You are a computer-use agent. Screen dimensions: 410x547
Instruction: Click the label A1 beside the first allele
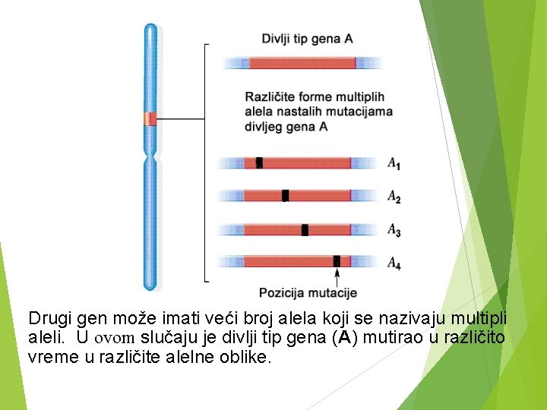click(x=394, y=163)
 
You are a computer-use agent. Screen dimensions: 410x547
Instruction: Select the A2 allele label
click(x=394, y=197)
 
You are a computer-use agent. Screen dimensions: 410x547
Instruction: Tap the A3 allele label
click(x=394, y=229)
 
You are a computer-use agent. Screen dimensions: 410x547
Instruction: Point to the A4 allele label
click(x=394, y=263)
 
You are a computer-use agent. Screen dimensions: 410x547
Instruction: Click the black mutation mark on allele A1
click(x=259, y=162)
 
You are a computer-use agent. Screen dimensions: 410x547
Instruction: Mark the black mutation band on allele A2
click(x=286, y=196)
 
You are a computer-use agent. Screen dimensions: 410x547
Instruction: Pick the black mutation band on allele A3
click(x=305, y=229)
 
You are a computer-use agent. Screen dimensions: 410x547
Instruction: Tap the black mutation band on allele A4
click(x=337, y=261)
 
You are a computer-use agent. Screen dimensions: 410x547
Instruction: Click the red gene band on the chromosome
click(x=151, y=118)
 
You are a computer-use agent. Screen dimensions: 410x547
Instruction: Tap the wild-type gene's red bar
click(x=302, y=63)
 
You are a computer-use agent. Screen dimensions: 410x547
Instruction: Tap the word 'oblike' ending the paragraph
click(x=246, y=358)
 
